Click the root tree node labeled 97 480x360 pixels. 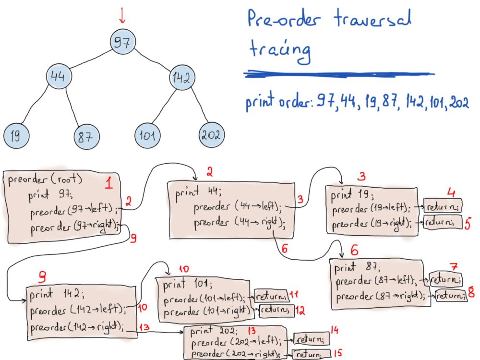click(122, 42)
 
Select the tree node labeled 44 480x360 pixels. click(62, 77)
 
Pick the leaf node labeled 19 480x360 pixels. click(15, 136)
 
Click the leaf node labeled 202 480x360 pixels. click(211, 135)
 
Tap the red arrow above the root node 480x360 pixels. click(122, 15)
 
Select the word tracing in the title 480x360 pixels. click(278, 51)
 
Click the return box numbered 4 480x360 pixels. click(442, 206)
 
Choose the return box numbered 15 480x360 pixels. click(311, 354)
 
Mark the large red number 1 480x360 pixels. click(109, 184)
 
